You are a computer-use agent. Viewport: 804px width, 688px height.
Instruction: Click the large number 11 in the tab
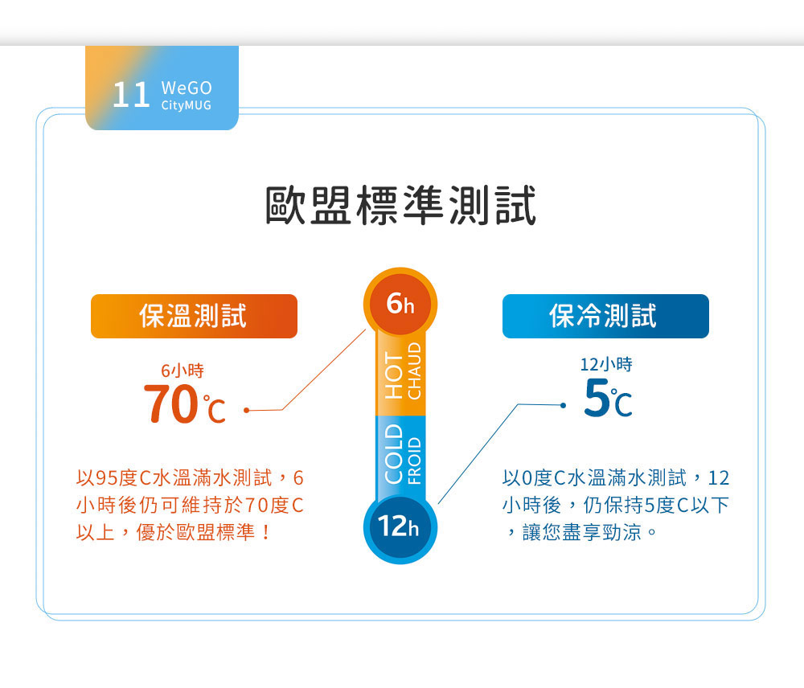[x=131, y=95]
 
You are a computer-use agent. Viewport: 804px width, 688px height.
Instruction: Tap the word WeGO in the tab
[x=187, y=88]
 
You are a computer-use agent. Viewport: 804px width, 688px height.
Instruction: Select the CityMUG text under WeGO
[x=187, y=105]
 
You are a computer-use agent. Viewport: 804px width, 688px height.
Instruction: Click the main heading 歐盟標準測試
[x=400, y=205]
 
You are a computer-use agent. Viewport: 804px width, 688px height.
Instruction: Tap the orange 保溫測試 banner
[x=194, y=316]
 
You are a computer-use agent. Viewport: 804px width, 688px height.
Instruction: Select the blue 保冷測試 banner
[x=605, y=316]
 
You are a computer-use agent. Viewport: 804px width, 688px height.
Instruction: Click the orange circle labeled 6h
[x=400, y=304]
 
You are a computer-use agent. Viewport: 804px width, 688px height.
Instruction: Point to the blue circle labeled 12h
[x=400, y=527]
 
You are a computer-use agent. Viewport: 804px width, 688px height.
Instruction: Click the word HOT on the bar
[x=394, y=375]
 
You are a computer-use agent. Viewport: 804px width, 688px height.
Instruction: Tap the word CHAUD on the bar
[x=414, y=371]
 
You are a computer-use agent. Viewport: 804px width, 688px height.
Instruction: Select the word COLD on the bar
[x=394, y=454]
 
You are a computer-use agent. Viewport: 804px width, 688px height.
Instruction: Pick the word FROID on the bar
[x=414, y=461]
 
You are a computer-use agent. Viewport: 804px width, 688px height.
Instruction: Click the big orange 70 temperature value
[x=171, y=404]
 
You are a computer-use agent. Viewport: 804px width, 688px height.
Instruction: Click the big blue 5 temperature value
[x=597, y=397]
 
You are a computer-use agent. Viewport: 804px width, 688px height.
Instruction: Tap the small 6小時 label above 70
[x=183, y=371]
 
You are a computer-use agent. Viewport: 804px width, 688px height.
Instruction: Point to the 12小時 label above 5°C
[x=606, y=365]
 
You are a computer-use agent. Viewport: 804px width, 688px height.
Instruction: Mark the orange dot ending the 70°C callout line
[x=247, y=410]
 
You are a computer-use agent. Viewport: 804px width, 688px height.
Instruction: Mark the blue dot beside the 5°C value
[x=563, y=405]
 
